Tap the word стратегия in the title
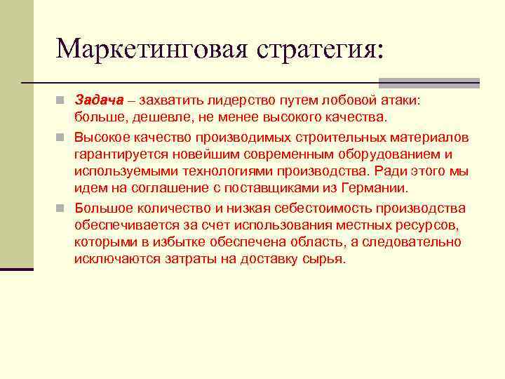(x=320, y=48)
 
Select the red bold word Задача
(x=99, y=100)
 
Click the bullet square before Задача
(x=63, y=100)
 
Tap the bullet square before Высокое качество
(x=63, y=136)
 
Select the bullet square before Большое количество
(x=63, y=208)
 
